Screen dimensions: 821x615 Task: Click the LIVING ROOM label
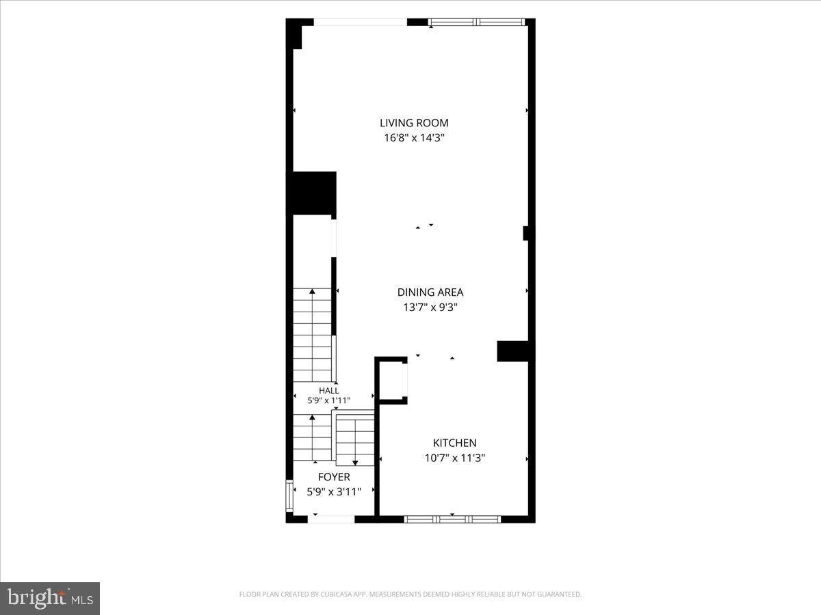414,123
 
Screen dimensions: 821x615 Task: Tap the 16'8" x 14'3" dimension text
414,138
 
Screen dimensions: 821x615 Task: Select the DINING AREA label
430,292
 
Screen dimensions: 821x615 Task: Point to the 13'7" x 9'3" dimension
430,307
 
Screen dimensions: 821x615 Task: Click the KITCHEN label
455,443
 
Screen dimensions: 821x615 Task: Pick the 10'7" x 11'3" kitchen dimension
455,458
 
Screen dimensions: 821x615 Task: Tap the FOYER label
334,477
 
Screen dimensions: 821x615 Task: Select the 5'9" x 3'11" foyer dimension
334,492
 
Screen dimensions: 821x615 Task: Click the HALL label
329,391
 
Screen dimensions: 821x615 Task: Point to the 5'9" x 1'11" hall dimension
329,400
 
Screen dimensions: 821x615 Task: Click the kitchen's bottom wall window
453,519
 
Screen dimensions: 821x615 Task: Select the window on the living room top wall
477,22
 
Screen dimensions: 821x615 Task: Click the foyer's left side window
289,496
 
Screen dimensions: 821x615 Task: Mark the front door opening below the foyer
331,519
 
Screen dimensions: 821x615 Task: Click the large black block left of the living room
311,193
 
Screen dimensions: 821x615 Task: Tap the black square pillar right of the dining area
512,351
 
